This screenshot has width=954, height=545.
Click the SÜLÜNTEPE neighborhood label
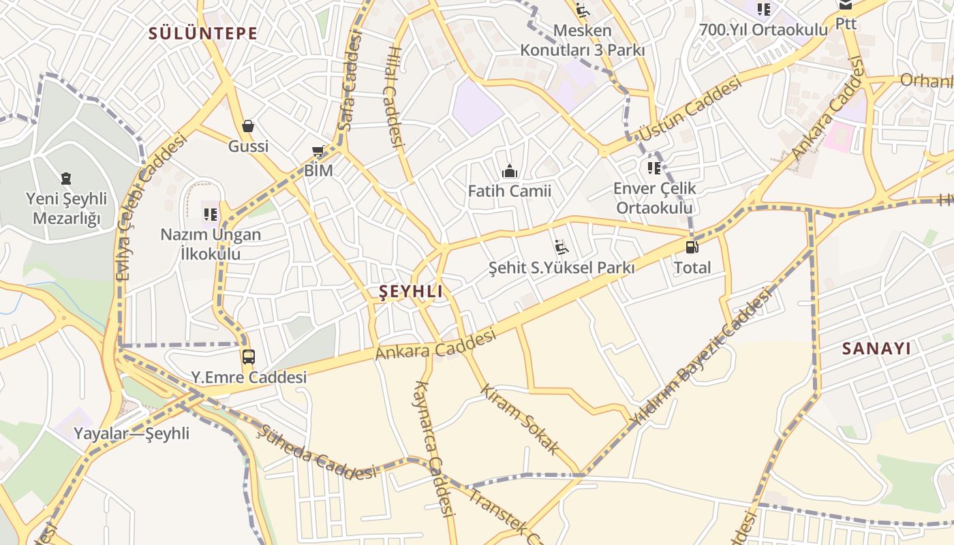203,33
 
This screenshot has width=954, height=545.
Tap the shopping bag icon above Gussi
248,126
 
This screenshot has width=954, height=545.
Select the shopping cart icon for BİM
318,151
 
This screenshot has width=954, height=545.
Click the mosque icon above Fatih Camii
509,171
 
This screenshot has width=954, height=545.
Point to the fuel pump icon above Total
692,247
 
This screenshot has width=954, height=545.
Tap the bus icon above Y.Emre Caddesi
249,356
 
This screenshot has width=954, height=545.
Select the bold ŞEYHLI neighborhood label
410,292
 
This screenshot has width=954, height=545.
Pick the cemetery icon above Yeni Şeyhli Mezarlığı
66,178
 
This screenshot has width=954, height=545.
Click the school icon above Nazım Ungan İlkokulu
211,215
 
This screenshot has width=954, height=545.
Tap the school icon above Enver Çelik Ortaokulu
654,168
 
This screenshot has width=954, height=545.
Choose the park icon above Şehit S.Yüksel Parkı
561,247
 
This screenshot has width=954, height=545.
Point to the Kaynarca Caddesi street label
434,448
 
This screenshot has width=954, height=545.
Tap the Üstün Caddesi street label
690,109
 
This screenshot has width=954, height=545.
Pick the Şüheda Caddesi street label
317,452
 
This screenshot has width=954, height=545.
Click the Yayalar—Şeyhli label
132,433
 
